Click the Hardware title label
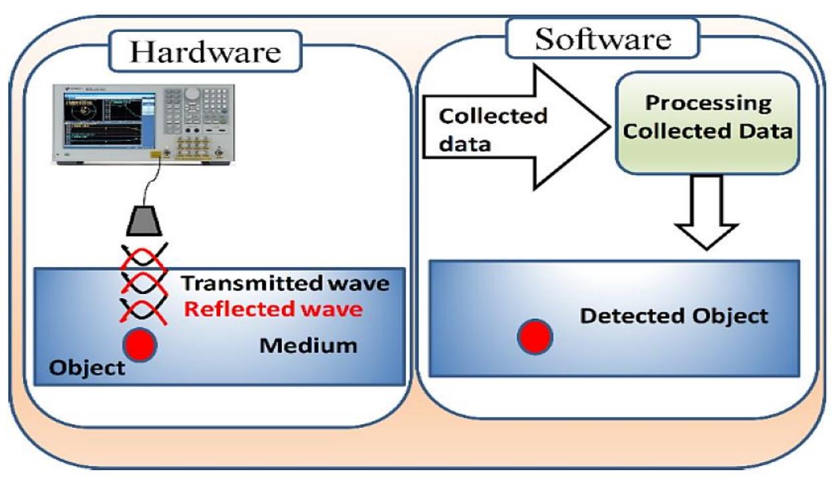pos(205,51)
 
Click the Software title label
pos(603,39)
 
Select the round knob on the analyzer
pos(192,93)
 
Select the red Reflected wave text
pos(273,310)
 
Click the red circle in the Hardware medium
pos(140,344)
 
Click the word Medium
pos(308,346)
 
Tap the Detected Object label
pos(674,316)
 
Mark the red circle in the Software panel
pos(535,336)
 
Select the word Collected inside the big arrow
pos(493,116)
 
